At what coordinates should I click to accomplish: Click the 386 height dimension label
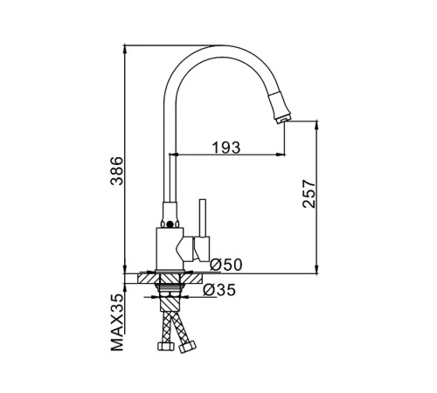pos(117,171)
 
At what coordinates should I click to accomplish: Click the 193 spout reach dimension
pos(226,148)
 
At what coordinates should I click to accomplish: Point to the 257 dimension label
pos(309,194)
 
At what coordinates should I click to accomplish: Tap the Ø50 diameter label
pos(226,265)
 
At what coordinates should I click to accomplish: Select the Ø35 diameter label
pos(219,290)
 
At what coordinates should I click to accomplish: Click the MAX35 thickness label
pos(117,322)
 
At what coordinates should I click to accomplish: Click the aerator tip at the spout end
pos(283,119)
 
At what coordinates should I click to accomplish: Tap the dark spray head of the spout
pos(280,106)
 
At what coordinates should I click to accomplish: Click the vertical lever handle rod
pos(203,217)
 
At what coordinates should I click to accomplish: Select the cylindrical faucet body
pos(170,249)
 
